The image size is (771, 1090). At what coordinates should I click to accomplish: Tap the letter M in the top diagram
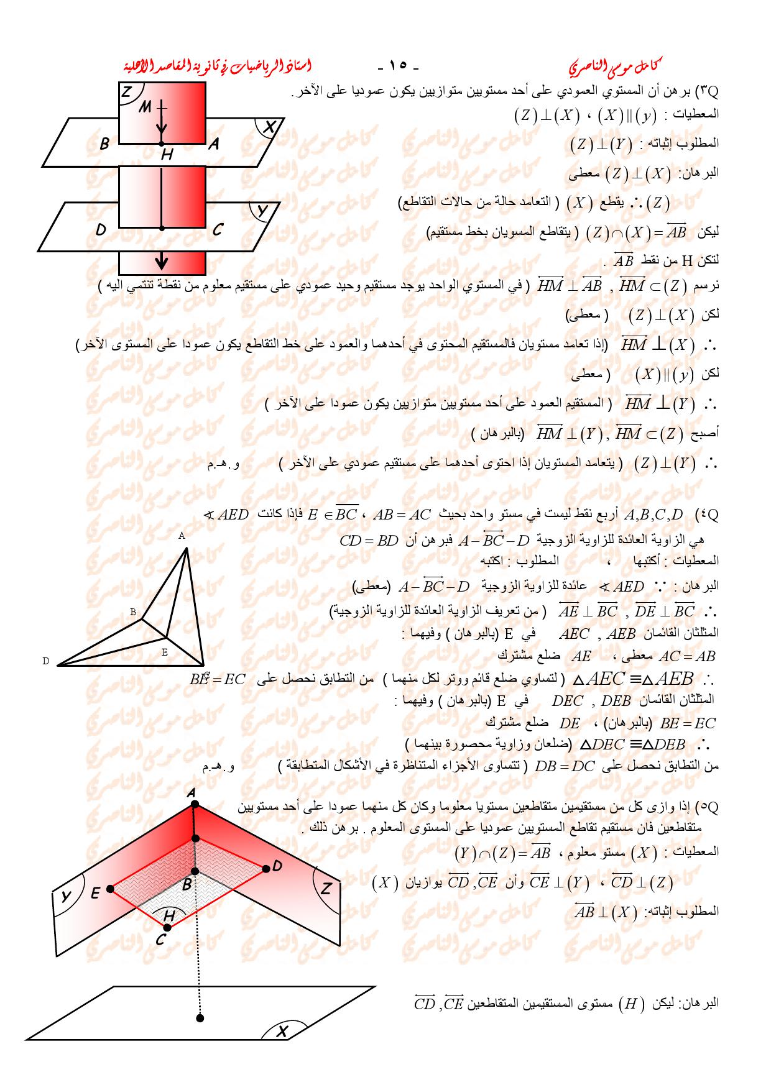click(145, 107)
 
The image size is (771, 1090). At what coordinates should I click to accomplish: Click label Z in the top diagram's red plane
click(126, 93)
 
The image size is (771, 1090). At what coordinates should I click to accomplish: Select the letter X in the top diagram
click(269, 127)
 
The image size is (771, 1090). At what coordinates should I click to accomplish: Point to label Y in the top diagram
click(263, 211)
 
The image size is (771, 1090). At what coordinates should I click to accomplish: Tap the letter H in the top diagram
click(166, 154)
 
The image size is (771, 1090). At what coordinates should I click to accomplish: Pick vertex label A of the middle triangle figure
click(182, 535)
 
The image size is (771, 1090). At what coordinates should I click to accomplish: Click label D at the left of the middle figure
click(45, 661)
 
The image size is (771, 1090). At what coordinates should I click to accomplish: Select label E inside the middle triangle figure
click(165, 652)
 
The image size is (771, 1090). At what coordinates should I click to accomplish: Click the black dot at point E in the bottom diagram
click(111, 889)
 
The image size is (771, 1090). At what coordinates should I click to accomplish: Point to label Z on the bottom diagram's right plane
click(326, 889)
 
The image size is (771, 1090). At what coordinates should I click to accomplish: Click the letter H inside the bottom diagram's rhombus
click(170, 915)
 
